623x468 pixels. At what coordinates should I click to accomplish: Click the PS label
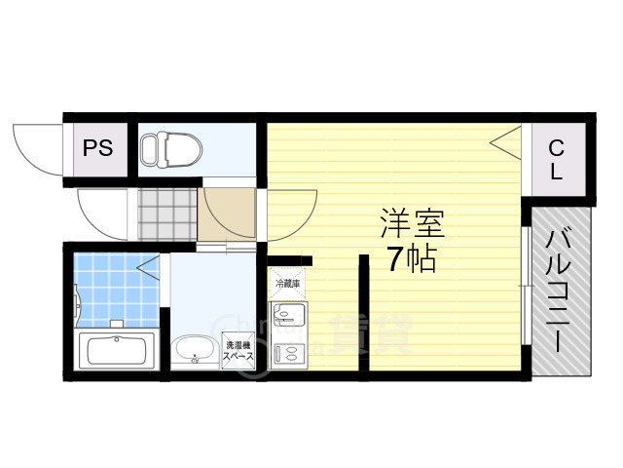click(x=97, y=149)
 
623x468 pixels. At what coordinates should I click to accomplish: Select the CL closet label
click(x=555, y=160)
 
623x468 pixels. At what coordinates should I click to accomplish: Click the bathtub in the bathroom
click(x=116, y=349)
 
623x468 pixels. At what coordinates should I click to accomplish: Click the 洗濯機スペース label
click(x=239, y=351)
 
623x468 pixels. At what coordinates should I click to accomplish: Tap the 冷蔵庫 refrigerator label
click(x=287, y=284)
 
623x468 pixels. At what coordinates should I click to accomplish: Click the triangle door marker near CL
click(x=505, y=144)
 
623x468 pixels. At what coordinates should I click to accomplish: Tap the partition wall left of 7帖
click(x=363, y=312)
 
